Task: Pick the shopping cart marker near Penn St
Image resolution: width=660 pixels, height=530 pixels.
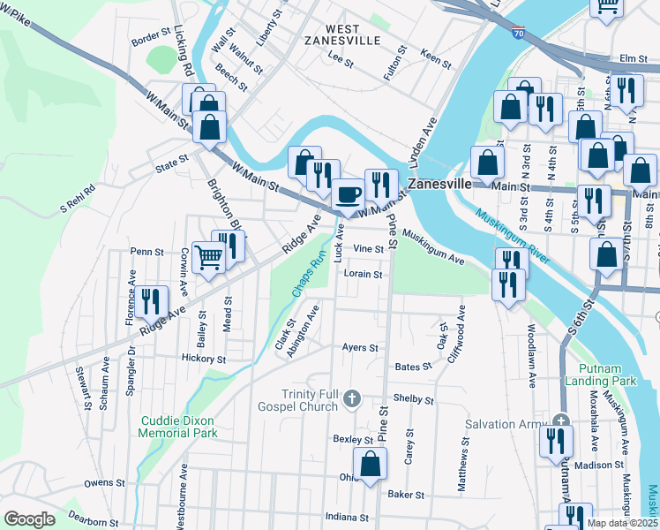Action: (209, 258)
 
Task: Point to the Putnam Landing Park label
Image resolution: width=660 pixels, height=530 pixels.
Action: (608, 374)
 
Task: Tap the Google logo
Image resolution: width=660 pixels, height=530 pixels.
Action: (29, 519)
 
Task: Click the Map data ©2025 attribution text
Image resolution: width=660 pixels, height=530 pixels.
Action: (622, 523)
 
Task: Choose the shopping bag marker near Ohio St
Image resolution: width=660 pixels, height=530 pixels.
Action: (370, 462)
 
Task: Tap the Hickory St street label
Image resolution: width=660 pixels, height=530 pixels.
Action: (203, 360)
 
